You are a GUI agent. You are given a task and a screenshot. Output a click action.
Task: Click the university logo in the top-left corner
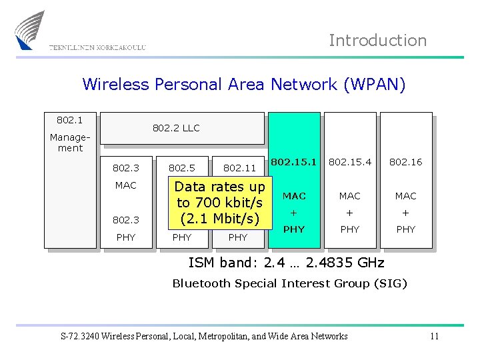coord(29,30)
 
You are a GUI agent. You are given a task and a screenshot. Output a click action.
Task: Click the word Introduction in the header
coord(377,41)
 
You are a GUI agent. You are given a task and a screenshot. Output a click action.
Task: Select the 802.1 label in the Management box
coord(69,120)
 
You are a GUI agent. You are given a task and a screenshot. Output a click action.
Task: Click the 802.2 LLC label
coord(176,128)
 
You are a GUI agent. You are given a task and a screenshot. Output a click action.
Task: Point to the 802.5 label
coord(181,169)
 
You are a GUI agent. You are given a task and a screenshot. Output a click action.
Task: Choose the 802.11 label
coord(239,169)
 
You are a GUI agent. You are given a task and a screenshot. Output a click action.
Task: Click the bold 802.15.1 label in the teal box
coord(294,161)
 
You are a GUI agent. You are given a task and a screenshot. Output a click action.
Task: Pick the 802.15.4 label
coord(350,162)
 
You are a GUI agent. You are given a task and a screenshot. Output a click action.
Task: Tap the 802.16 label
coord(405,162)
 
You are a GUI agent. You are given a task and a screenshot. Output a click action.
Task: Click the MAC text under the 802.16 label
coord(405,196)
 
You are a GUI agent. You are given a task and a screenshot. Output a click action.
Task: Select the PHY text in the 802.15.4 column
coord(350,229)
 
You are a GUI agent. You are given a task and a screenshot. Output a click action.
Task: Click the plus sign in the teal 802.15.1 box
coord(294,213)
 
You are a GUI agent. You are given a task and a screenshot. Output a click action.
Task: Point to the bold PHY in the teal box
coord(294,229)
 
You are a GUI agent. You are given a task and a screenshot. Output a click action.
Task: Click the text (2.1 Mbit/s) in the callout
coord(219,218)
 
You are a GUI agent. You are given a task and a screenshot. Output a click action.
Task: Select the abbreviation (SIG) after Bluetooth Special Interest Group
coord(390,283)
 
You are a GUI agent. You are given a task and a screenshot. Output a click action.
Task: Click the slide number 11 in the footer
coord(434,336)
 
